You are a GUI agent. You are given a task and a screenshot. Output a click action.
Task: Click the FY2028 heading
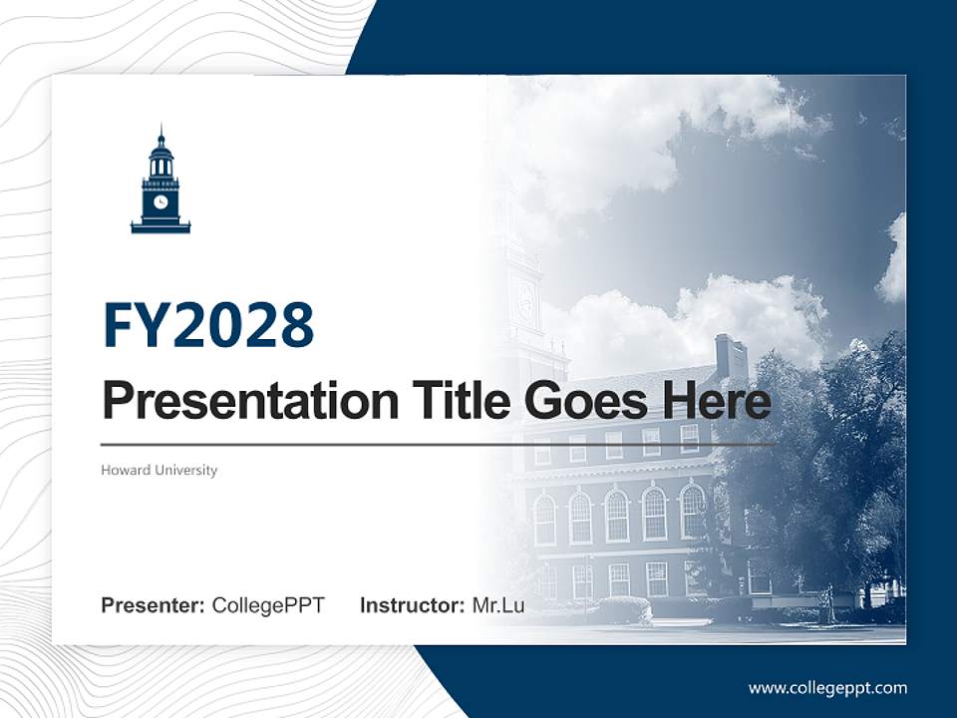coord(208,325)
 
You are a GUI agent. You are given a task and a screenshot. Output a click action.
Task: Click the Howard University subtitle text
coord(159,470)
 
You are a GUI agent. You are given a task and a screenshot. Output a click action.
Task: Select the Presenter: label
coord(154,605)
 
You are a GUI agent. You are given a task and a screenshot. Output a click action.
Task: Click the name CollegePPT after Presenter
coord(268,605)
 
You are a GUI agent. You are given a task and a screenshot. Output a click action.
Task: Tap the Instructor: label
coord(412,605)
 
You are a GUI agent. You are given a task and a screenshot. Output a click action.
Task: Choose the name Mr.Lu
coord(498,605)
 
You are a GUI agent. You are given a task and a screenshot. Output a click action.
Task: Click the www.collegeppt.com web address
coord(827,688)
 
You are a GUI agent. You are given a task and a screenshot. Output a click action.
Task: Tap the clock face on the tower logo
coord(160,201)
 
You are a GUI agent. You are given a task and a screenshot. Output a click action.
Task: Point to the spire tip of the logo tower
coord(160,129)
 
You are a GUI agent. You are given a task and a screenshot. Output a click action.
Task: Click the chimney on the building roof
coord(731,357)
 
